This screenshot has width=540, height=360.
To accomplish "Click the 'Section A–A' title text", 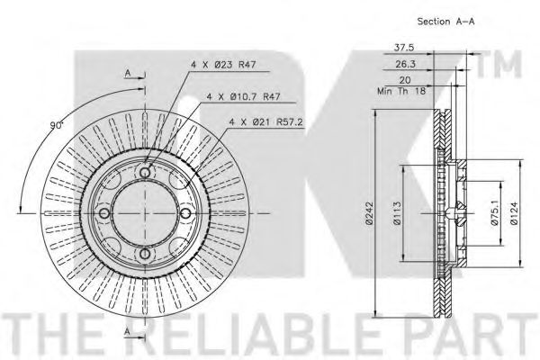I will tap(447, 20).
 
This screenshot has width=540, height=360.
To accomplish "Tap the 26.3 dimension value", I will tap(406, 65).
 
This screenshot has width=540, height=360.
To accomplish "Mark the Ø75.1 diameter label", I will tap(493, 213).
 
